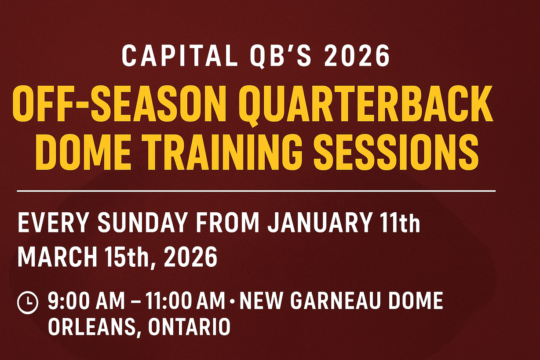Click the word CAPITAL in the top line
(x=179, y=56)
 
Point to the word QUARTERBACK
(x=366, y=105)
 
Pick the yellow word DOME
(x=84, y=151)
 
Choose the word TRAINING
(x=224, y=151)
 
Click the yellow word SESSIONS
(x=396, y=151)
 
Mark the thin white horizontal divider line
(x=256, y=191)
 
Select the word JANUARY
(x=319, y=223)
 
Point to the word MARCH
(x=58, y=256)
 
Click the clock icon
(x=28, y=303)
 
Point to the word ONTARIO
(x=189, y=327)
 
